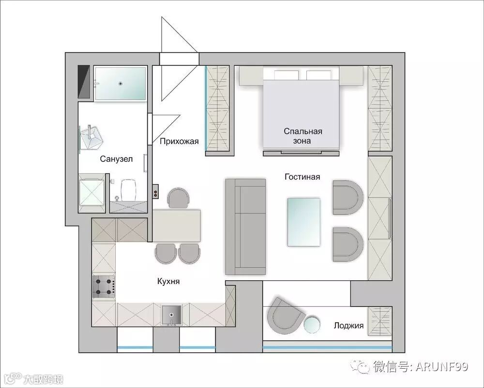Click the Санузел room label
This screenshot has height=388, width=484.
(x=116, y=159)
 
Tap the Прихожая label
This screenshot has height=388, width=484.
(x=179, y=142)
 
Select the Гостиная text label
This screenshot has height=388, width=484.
(x=302, y=177)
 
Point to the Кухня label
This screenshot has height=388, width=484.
(x=168, y=281)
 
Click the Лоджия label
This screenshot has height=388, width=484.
(x=348, y=326)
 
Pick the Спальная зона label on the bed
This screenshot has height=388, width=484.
(x=303, y=136)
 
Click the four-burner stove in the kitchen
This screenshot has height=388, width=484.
(x=104, y=287)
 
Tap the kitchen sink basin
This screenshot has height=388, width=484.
(x=172, y=315)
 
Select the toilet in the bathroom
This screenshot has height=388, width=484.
(x=128, y=190)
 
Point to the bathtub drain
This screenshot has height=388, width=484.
(x=121, y=83)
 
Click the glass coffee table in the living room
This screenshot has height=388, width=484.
(x=304, y=222)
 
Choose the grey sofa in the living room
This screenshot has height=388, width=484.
(x=245, y=227)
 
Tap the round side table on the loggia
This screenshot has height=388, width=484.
(x=311, y=325)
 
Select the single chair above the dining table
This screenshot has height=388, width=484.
(x=178, y=198)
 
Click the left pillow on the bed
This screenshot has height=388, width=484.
(x=286, y=75)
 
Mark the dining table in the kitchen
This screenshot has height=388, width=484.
(x=176, y=226)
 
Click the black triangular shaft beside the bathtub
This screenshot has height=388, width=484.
(x=83, y=82)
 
